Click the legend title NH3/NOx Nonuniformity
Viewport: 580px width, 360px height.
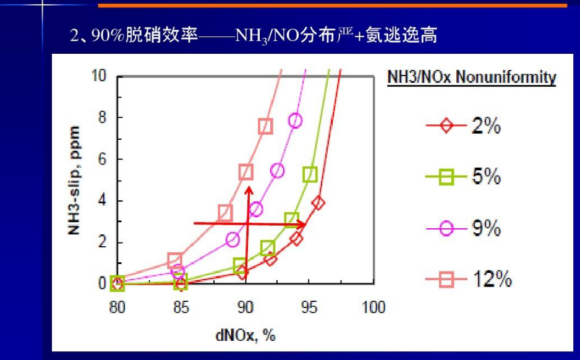pyautogui.click(x=471, y=78)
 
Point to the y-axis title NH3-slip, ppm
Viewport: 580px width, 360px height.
pyautogui.click(x=75, y=180)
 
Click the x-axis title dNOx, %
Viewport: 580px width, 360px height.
pyautogui.click(x=245, y=335)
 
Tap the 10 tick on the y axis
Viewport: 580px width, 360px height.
pyautogui.click(x=100, y=76)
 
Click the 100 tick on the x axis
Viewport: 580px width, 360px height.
pyautogui.click(x=372, y=307)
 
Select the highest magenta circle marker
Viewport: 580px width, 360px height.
pyautogui.click(x=296, y=121)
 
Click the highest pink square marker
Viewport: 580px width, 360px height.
pyautogui.click(x=265, y=126)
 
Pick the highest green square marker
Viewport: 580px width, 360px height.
pyautogui.click(x=310, y=174)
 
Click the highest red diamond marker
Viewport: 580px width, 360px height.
pyautogui.click(x=318, y=202)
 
